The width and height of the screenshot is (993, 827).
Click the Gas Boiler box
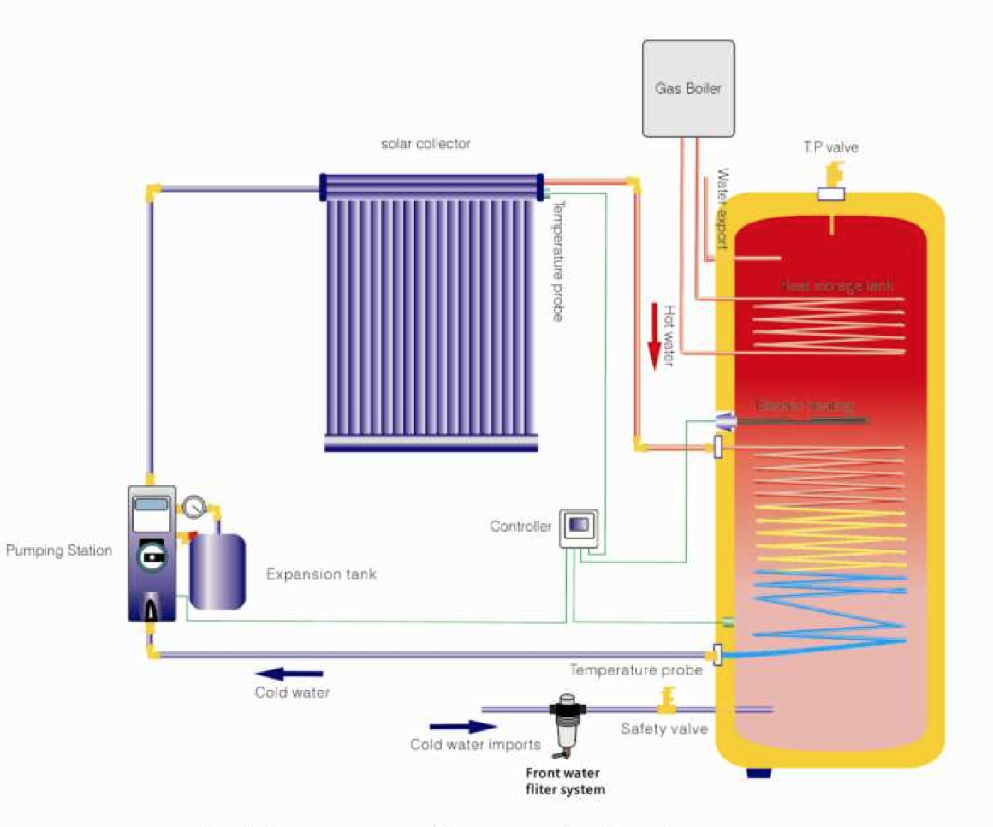pyautogui.click(x=688, y=88)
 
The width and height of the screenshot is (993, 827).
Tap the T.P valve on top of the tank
pyautogui.click(x=831, y=182)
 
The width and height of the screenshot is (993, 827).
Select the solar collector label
pyautogui.click(x=425, y=144)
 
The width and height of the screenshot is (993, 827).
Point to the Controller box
pyautogui.click(x=579, y=527)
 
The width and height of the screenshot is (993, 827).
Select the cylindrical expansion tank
pyautogui.click(x=217, y=570)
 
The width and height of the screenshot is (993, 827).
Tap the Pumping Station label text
pyautogui.click(x=58, y=550)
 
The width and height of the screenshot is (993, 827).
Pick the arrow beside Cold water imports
pyautogui.click(x=451, y=727)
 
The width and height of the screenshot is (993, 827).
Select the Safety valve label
pyautogui.click(x=664, y=729)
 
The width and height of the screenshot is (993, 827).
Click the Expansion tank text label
pyautogui.click(x=321, y=574)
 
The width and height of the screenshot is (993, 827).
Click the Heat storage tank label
pyautogui.click(x=837, y=286)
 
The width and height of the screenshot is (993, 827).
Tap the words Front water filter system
pyautogui.click(x=564, y=781)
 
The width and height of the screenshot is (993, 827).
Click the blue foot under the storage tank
pyautogui.click(x=758, y=773)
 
